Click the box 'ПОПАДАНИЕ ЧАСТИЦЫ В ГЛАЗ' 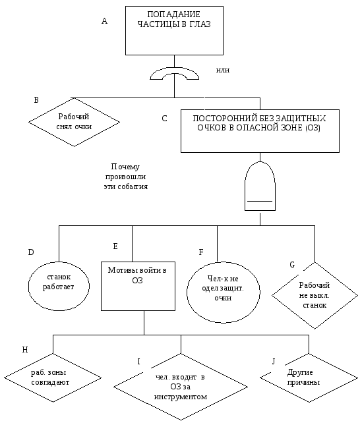pyautogui.click(x=174, y=30)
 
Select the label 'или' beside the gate pyautogui.click(x=223, y=70)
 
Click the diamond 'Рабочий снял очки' pyautogui.click(x=74, y=122)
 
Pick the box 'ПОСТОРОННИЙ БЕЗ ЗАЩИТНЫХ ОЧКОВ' pyautogui.click(x=260, y=131)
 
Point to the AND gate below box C pyautogui.click(x=260, y=186)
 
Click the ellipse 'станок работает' pyautogui.click(x=59, y=286)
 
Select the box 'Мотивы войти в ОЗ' pyautogui.click(x=138, y=286)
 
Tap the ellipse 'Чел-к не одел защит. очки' pyautogui.click(x=224, y=292)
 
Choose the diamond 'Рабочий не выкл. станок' pyautogui.click(x=315, y=295)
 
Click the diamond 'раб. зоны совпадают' pyautogui.click(x=53, y=378)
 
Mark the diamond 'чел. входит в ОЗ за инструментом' pyautogui.click(x=181, y=387)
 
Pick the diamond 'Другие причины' pyautogui.click(x=309, y=378)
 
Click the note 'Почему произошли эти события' pyautogui.click(x=126, y=177)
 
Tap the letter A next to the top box pyautogui.click(x=105, y=21)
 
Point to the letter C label pyautogui.click(x=164, y=119)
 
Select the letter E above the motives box pyautogui.click(x=115, y=246)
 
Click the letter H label pyautogui.click(x=25, y=350)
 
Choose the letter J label pyautogui.click(x=274, y=362)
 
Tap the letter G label pyautogui.click(x=292, y=265)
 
